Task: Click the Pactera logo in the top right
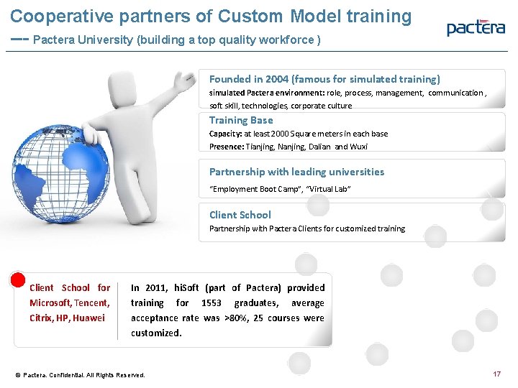click(476, 28)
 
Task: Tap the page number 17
click(496, 374)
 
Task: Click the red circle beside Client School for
click(17, 279)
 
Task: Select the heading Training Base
click(241, 120)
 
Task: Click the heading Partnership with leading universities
click(296, 172)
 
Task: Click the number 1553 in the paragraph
click(212, 303)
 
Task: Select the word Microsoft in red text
click(50, 303)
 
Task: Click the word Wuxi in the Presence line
click(359, 147)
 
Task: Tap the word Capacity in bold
click(225, 134)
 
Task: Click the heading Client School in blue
click(240, 215)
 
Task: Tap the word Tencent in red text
click(91, 303)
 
